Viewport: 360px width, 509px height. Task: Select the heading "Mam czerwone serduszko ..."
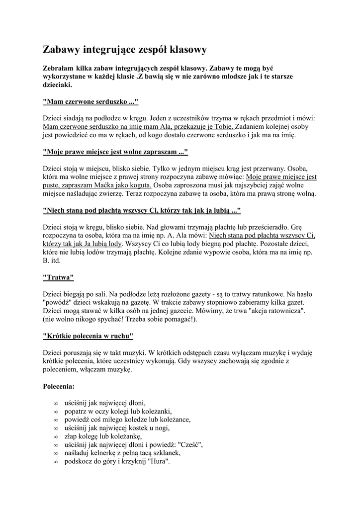(90, 102)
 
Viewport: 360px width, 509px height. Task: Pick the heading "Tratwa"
(59, 276)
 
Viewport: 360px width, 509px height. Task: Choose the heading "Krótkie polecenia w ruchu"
(89, 336)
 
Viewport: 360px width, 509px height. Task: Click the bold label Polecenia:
(59, 386)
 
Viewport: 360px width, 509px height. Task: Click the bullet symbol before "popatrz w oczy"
(55, 412)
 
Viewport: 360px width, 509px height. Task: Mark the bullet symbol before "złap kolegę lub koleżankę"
(55, 436)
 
